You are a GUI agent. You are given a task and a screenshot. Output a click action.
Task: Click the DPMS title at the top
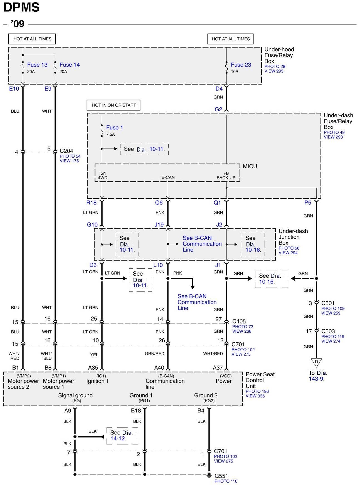pos(21,8)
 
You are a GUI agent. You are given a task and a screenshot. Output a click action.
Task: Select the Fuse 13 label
pos(37,65)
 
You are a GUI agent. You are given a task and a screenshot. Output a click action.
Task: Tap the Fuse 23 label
pos(241,65)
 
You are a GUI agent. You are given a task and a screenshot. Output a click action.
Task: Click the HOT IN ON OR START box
pos(114,105)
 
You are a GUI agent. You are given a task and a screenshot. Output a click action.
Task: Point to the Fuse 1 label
pos(114,128)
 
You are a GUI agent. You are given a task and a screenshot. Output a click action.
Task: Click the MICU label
pos(250,166)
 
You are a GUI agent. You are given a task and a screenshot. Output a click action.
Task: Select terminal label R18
pos(91,203)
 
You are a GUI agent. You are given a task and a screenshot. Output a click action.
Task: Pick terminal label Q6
pos(159,203)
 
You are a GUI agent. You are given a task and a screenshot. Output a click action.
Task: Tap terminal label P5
pos(308,203)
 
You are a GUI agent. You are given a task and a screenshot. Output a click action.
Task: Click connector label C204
pos(66,151)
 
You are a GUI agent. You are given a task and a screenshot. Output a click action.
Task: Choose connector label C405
pos(239,322)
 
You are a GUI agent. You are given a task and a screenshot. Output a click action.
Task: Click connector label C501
pos(328,303)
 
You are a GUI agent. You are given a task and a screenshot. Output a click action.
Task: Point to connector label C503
pos(328,331)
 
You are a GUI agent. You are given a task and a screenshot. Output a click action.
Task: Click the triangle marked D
pos(316,362)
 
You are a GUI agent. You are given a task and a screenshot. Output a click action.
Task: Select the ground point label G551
pos(221,476)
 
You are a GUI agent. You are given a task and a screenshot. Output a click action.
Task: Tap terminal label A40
pos(159,368)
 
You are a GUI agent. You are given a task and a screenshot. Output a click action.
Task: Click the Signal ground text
pos(75,395)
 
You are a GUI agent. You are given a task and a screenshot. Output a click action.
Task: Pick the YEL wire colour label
pos(94,355)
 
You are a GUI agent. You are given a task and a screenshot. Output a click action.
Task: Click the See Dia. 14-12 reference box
pos(122,436)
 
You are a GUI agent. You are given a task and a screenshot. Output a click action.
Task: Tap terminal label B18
pos(136,411)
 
